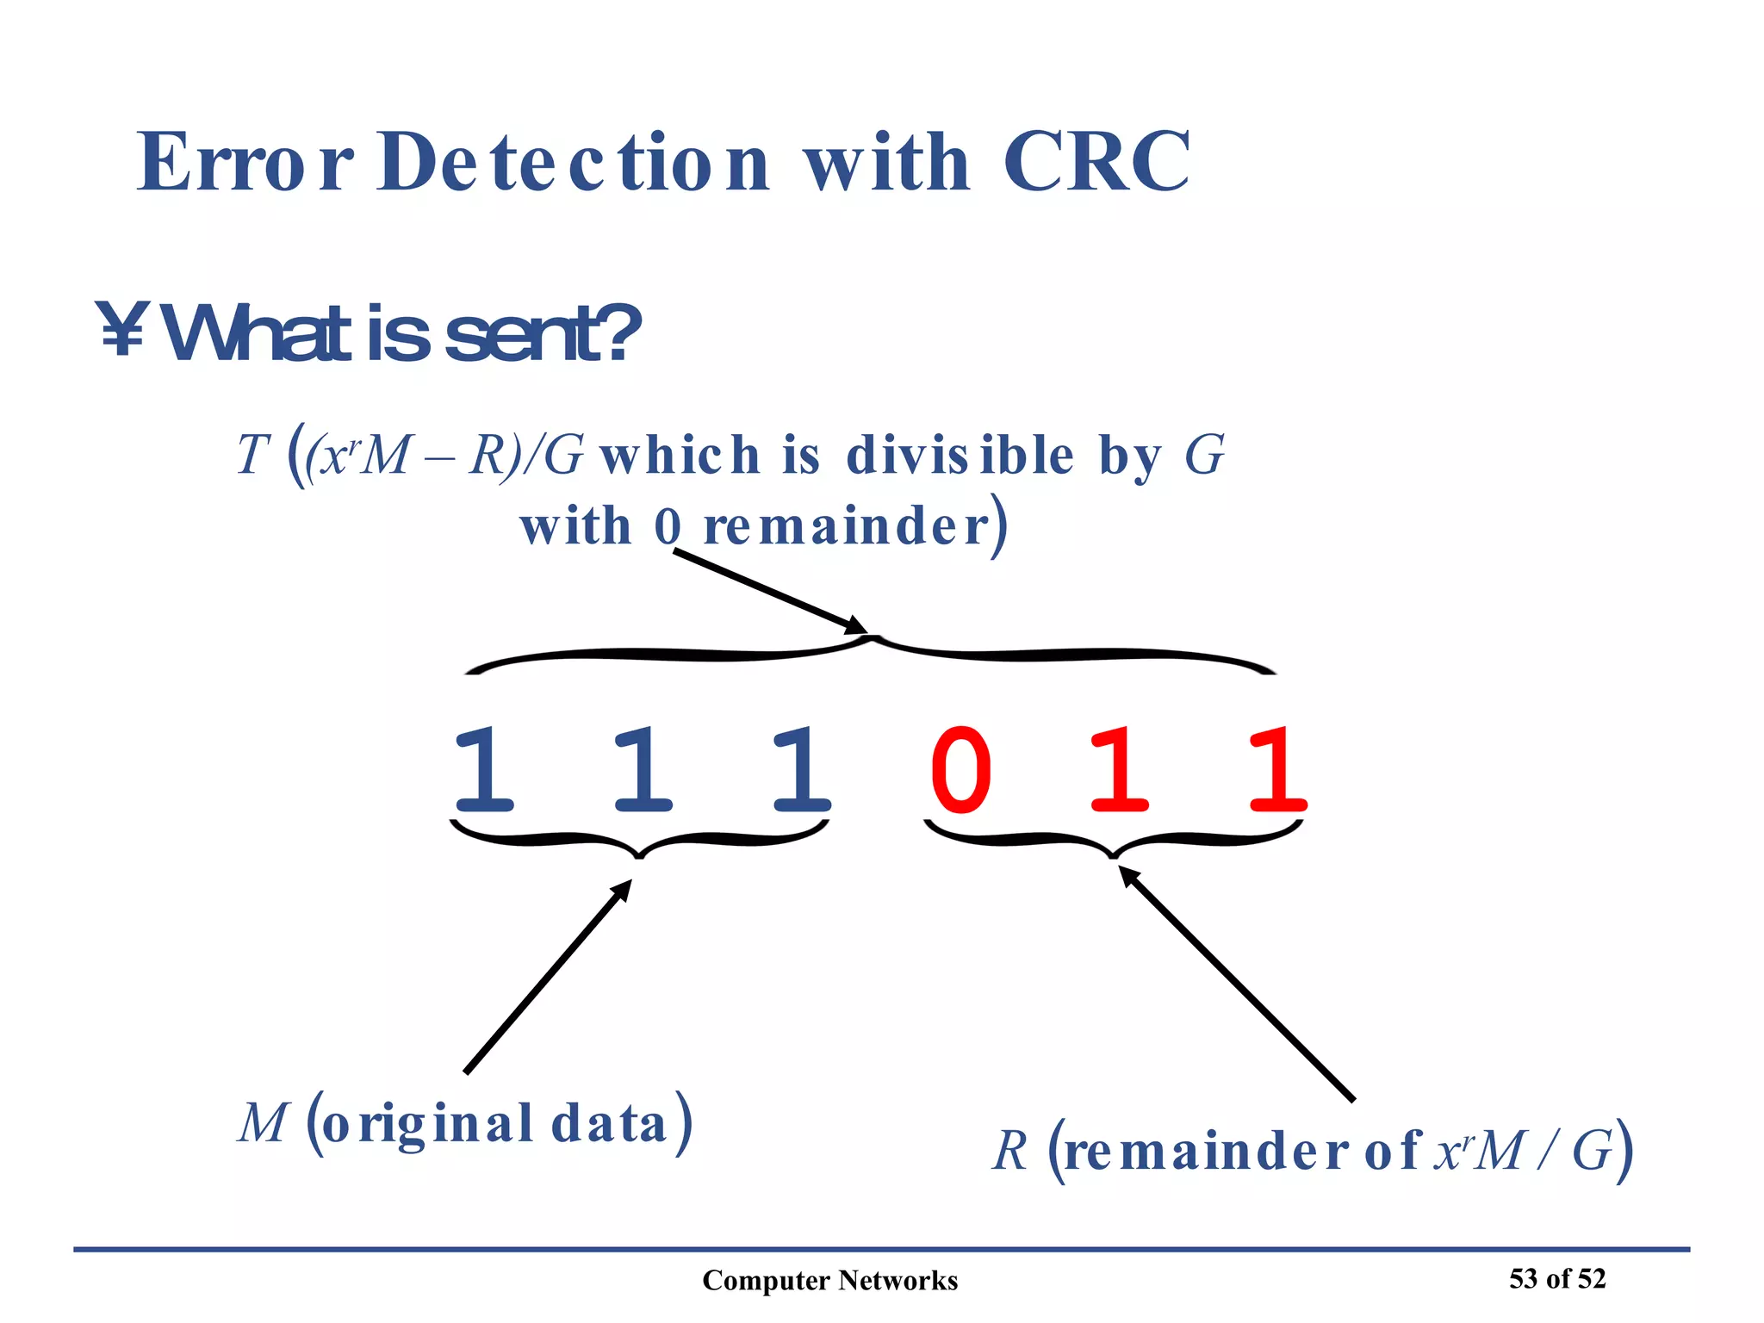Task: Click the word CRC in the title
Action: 1096,163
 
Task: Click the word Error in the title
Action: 245,163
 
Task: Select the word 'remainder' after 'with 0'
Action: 847,526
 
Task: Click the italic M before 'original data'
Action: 262,1124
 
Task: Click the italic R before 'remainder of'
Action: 1010,1151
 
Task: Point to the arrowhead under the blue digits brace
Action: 622,890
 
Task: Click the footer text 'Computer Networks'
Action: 829,1281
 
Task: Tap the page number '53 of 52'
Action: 1557,1278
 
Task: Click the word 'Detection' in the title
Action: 573,163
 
